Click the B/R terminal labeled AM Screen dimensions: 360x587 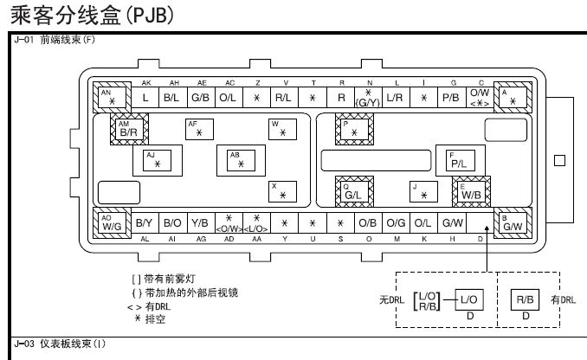pos(128,130)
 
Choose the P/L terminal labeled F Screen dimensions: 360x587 pos(459,160)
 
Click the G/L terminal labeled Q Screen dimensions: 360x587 pos(353,191)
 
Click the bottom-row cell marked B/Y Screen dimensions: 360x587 pos(144,222)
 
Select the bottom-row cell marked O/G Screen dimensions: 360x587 pos(396,222)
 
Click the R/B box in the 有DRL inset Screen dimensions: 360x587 pos(525,299)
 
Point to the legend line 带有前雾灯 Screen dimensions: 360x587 pos(172,280)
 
